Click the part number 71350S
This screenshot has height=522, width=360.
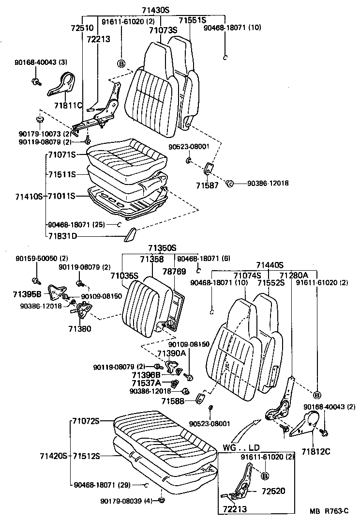pyautogui.click(x=162, y=248)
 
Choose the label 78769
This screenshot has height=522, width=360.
pyautogui.click(x=174, y=272)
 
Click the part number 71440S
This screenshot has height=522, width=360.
pyautogui.click(x=270, y=265)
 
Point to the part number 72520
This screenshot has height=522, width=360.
pyautogui.click(x=273, y=491)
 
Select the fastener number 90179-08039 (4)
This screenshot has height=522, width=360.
pyautogui.click(x=124, y=501)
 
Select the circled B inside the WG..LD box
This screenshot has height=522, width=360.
pyautogui.click(x=265, y=476)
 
